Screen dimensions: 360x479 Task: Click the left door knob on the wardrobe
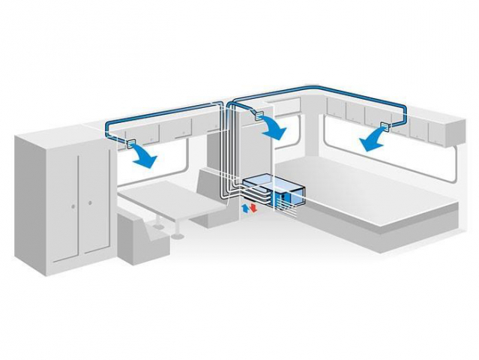(73, 202)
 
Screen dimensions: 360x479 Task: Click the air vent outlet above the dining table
(129, 142)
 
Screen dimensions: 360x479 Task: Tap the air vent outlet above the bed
(387, 124)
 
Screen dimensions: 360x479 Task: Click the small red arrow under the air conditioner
(253, 207)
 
